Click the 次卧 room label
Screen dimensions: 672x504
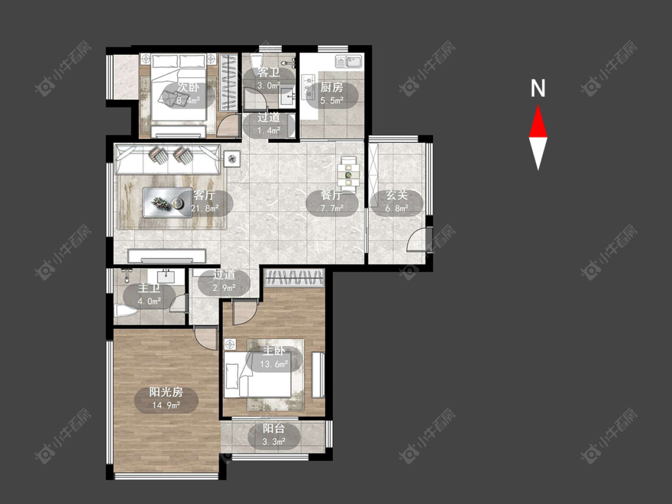coord(189,88)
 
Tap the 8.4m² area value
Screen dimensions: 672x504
coord(189,101)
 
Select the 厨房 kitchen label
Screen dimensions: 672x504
coord(332,88)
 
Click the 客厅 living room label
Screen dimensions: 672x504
coord(204,195)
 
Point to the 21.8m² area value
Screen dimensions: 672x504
coord(205,209)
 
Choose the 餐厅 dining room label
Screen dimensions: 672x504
coord(332,195)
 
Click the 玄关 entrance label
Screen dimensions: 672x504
coord(397,195)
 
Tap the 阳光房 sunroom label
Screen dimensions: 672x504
coord(166,392)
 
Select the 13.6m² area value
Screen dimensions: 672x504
coord(274,364)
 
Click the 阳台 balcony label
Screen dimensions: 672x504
coord(274,429)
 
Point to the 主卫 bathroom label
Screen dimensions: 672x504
coord(149,288)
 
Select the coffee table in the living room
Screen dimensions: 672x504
coord(167,202)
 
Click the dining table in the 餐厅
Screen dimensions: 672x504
coord(348,173)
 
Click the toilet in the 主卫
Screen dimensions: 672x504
coord(125,311)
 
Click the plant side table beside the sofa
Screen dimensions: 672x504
coord(232,159)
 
